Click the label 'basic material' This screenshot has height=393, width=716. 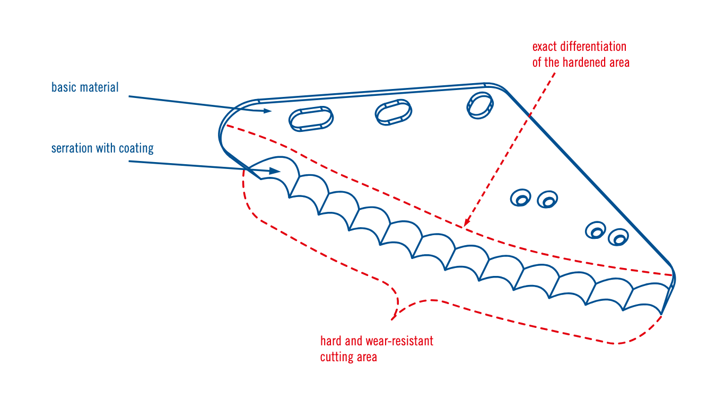click(85, 87)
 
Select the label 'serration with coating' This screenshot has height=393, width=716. click(102, 148)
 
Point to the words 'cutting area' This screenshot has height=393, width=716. click(348, 357)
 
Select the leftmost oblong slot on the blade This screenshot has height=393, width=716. click(311, 118)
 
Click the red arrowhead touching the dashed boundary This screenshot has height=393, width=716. click(465, 224)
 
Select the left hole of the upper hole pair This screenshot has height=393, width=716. click(521, 199)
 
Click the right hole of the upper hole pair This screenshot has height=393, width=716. click(547, 200)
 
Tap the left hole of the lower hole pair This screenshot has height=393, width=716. click(596, 230)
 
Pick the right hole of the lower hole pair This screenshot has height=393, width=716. click(618, 237)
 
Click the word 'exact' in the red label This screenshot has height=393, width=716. click(543, 47)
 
